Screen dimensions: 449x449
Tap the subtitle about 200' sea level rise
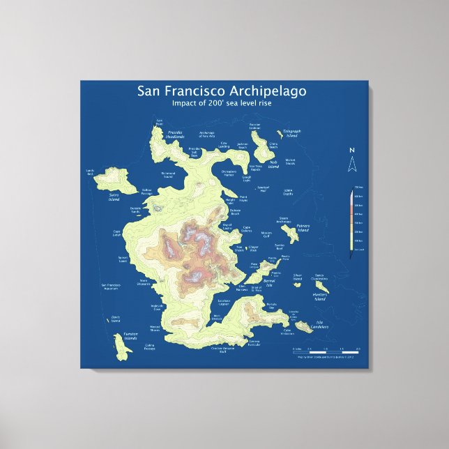(x=221, y=103)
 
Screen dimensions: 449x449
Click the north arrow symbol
(x=352, y=165)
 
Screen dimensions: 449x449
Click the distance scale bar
(x=328, y=351)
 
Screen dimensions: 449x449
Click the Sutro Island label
(x=114, y=197)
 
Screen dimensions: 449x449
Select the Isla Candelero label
(x=319, y=325)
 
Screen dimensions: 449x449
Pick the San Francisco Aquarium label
(x=115, y=287)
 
